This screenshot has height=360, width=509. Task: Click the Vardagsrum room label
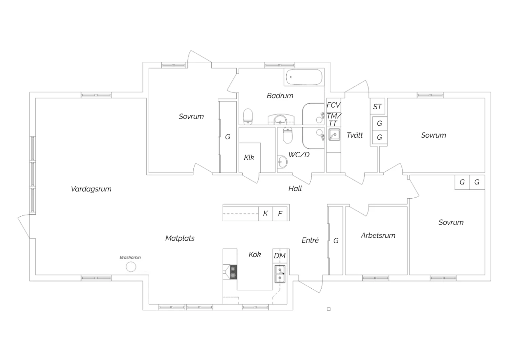[91, 189]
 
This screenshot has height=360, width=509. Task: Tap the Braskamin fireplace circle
[131, 267]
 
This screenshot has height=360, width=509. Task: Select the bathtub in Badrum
[304, 77]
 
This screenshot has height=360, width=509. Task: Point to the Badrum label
[280, 96]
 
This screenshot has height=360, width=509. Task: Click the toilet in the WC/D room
[287, 135]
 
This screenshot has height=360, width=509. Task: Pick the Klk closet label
[249, 158]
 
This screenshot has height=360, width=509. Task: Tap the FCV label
[334, 105]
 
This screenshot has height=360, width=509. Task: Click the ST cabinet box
[377, 106]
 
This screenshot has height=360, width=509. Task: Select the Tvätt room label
[355, 135]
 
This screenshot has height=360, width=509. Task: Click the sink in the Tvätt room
[334, 134]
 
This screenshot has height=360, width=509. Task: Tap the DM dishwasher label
[280, 256]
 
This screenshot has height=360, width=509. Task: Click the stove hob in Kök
[233, 272]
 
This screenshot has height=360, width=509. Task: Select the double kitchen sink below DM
[280, 274]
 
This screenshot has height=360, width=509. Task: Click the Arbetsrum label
[378, 235]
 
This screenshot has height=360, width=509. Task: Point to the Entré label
[310, 240]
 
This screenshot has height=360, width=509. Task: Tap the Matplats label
[180, 238]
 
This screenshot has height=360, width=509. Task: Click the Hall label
[295, 188]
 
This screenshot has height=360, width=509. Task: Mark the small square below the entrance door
[328, 309]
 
